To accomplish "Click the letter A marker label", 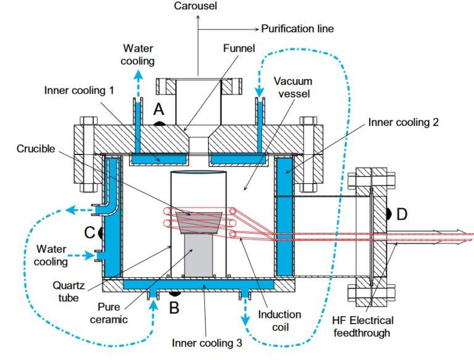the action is tap(159, 109).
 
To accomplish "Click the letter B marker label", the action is tap(174, 308).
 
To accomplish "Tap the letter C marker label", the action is tap(89, 233).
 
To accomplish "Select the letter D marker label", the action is tap(402, 214).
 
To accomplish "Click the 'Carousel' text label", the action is tap(196, 6).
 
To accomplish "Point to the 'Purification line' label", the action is tap(297, 29).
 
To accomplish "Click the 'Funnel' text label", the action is tap(239, 48).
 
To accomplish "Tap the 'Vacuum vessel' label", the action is tap(293, 87).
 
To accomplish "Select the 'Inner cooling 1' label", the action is tap(79, 90).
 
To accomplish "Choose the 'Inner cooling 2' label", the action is tap(404, 122).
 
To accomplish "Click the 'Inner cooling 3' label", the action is tap(207, 343).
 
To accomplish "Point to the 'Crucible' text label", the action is tap(36, 149).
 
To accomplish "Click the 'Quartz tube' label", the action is tap(69, 291).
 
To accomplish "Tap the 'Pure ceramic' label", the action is tap(109, 313).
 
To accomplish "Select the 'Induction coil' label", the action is tap(280, 320).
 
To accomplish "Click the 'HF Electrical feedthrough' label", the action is tap(363, 327).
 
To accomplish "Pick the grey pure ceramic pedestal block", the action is tap(198, 255).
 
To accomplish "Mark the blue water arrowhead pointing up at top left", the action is tap(138, 75).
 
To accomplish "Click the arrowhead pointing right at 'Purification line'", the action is tap(256, 30).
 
